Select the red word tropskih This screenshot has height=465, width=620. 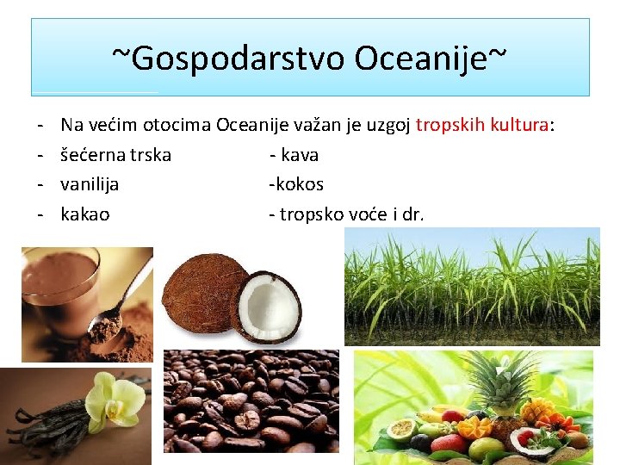(450, 126)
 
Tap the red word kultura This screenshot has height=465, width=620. (518, 126)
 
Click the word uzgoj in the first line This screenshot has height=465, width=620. (387, 126)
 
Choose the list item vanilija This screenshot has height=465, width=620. (90, 184)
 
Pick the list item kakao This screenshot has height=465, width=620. (85, 214)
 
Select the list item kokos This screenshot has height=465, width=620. (298, 184)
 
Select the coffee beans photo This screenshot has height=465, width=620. (251, 400)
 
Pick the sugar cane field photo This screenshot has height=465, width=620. (472, 286)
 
